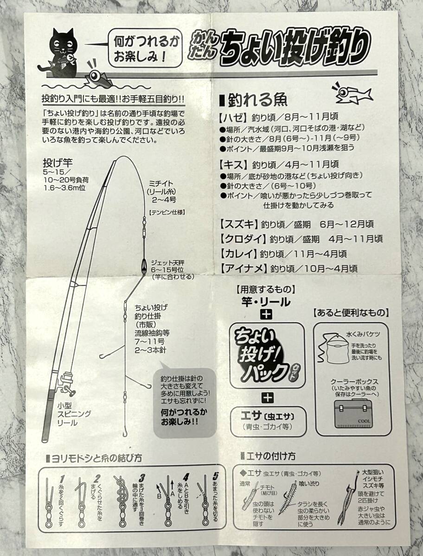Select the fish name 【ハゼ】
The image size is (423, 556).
point(233,117)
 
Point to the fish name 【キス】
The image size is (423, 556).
point(233,164)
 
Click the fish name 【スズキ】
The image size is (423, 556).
point(238,224)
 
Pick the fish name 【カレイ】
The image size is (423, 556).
point(237,253)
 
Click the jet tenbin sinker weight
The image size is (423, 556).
point(143,267)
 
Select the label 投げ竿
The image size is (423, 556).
point(58,163)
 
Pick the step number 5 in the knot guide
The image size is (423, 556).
point(215,476)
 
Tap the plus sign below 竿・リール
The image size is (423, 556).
point(266,314)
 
